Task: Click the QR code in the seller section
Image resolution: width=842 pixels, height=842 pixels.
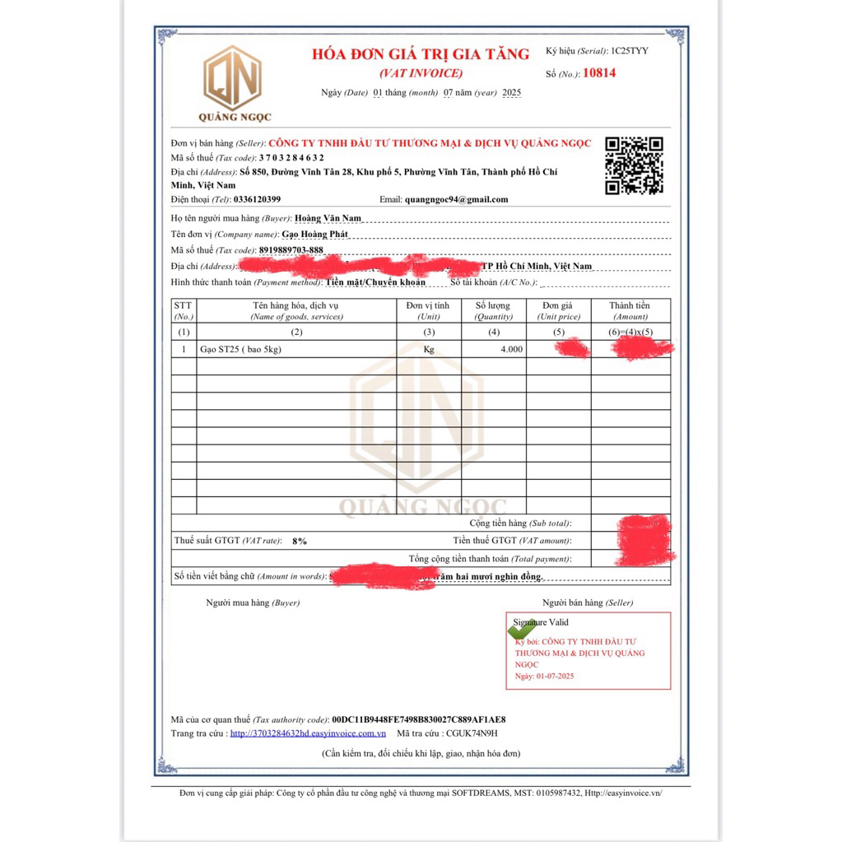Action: pos(634,165)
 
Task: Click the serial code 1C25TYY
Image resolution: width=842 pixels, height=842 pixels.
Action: pos(629,51)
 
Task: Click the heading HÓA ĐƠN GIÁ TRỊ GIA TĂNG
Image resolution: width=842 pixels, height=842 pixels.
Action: pos(421,54)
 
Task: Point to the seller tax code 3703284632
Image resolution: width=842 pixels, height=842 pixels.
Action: pos(291,157)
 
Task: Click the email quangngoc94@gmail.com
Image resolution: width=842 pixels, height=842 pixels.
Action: pos(456,199)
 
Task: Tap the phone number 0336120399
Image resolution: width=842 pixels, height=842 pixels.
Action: pos(257,199)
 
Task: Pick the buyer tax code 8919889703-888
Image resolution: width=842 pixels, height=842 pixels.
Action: pos(291,250)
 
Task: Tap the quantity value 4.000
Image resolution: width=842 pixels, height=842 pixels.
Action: pos(511,349)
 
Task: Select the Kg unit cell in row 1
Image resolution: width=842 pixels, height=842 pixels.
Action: pos(428,349)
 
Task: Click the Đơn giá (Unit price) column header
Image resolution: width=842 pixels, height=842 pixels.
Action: pos(558,310)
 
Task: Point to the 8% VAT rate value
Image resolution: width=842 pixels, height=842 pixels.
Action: pos(299,542)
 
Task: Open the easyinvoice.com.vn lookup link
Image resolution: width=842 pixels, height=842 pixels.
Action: pos(308,733)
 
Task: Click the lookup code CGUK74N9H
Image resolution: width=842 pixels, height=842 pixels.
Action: pos(471,733)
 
